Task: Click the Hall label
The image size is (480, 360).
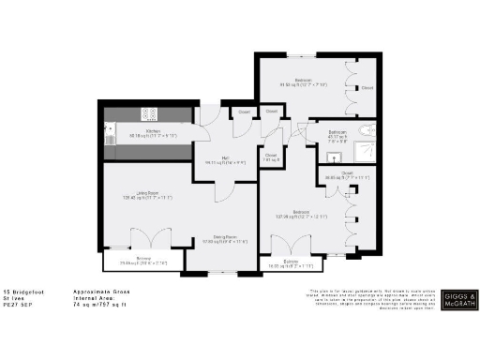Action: click(x=226, y=158)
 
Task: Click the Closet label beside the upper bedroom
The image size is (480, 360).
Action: click(x=367, y=89)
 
